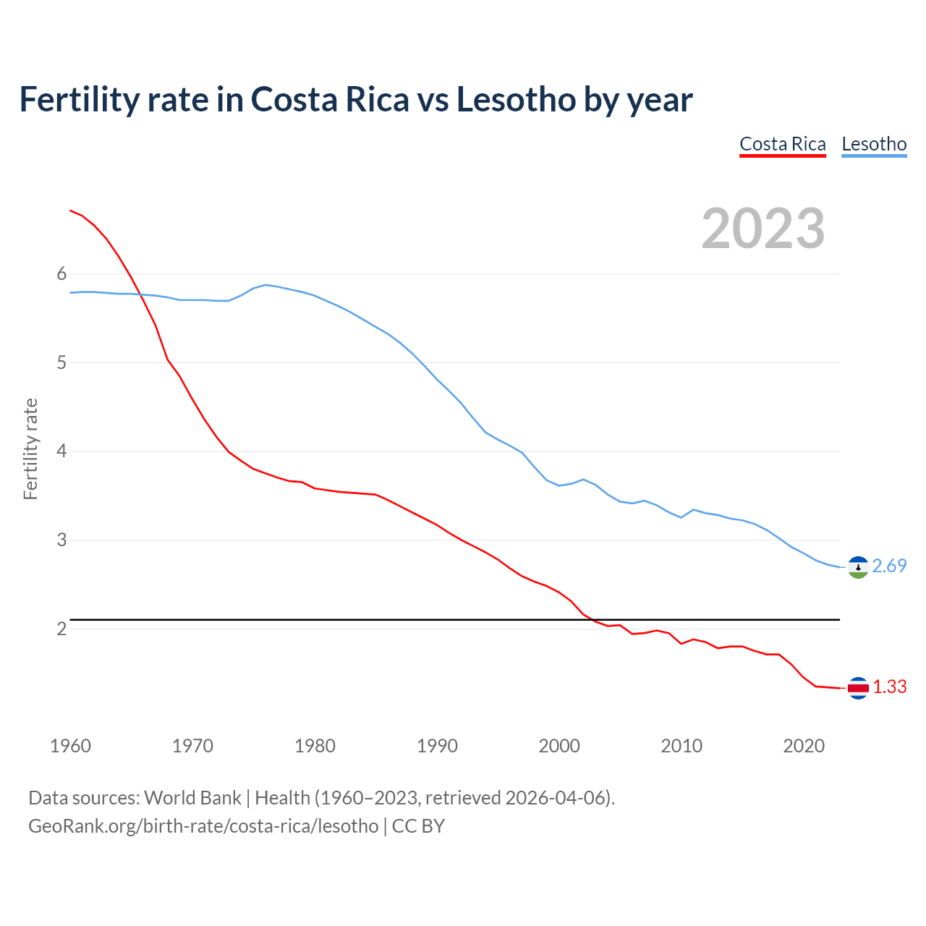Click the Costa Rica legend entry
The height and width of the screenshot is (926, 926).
782,144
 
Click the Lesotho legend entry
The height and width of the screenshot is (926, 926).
874,144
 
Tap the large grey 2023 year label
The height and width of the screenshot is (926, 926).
763,229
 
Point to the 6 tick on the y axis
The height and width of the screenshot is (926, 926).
61,273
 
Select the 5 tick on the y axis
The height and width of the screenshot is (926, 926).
61,362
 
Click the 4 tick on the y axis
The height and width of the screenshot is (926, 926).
61,451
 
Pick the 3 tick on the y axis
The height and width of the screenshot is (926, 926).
61,540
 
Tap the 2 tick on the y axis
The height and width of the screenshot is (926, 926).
61,629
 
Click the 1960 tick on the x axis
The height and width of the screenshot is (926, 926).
70,746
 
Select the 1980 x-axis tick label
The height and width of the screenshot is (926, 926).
315,746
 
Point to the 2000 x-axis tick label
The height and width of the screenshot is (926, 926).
559,746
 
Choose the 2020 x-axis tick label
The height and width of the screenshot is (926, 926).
804,746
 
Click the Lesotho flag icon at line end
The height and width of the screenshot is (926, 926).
858,567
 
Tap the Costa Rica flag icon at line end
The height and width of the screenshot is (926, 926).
858,688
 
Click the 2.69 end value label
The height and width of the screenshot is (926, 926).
889,566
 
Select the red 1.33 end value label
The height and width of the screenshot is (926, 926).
889,687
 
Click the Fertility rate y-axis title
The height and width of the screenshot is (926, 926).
30,449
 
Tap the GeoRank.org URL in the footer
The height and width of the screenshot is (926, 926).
203,825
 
